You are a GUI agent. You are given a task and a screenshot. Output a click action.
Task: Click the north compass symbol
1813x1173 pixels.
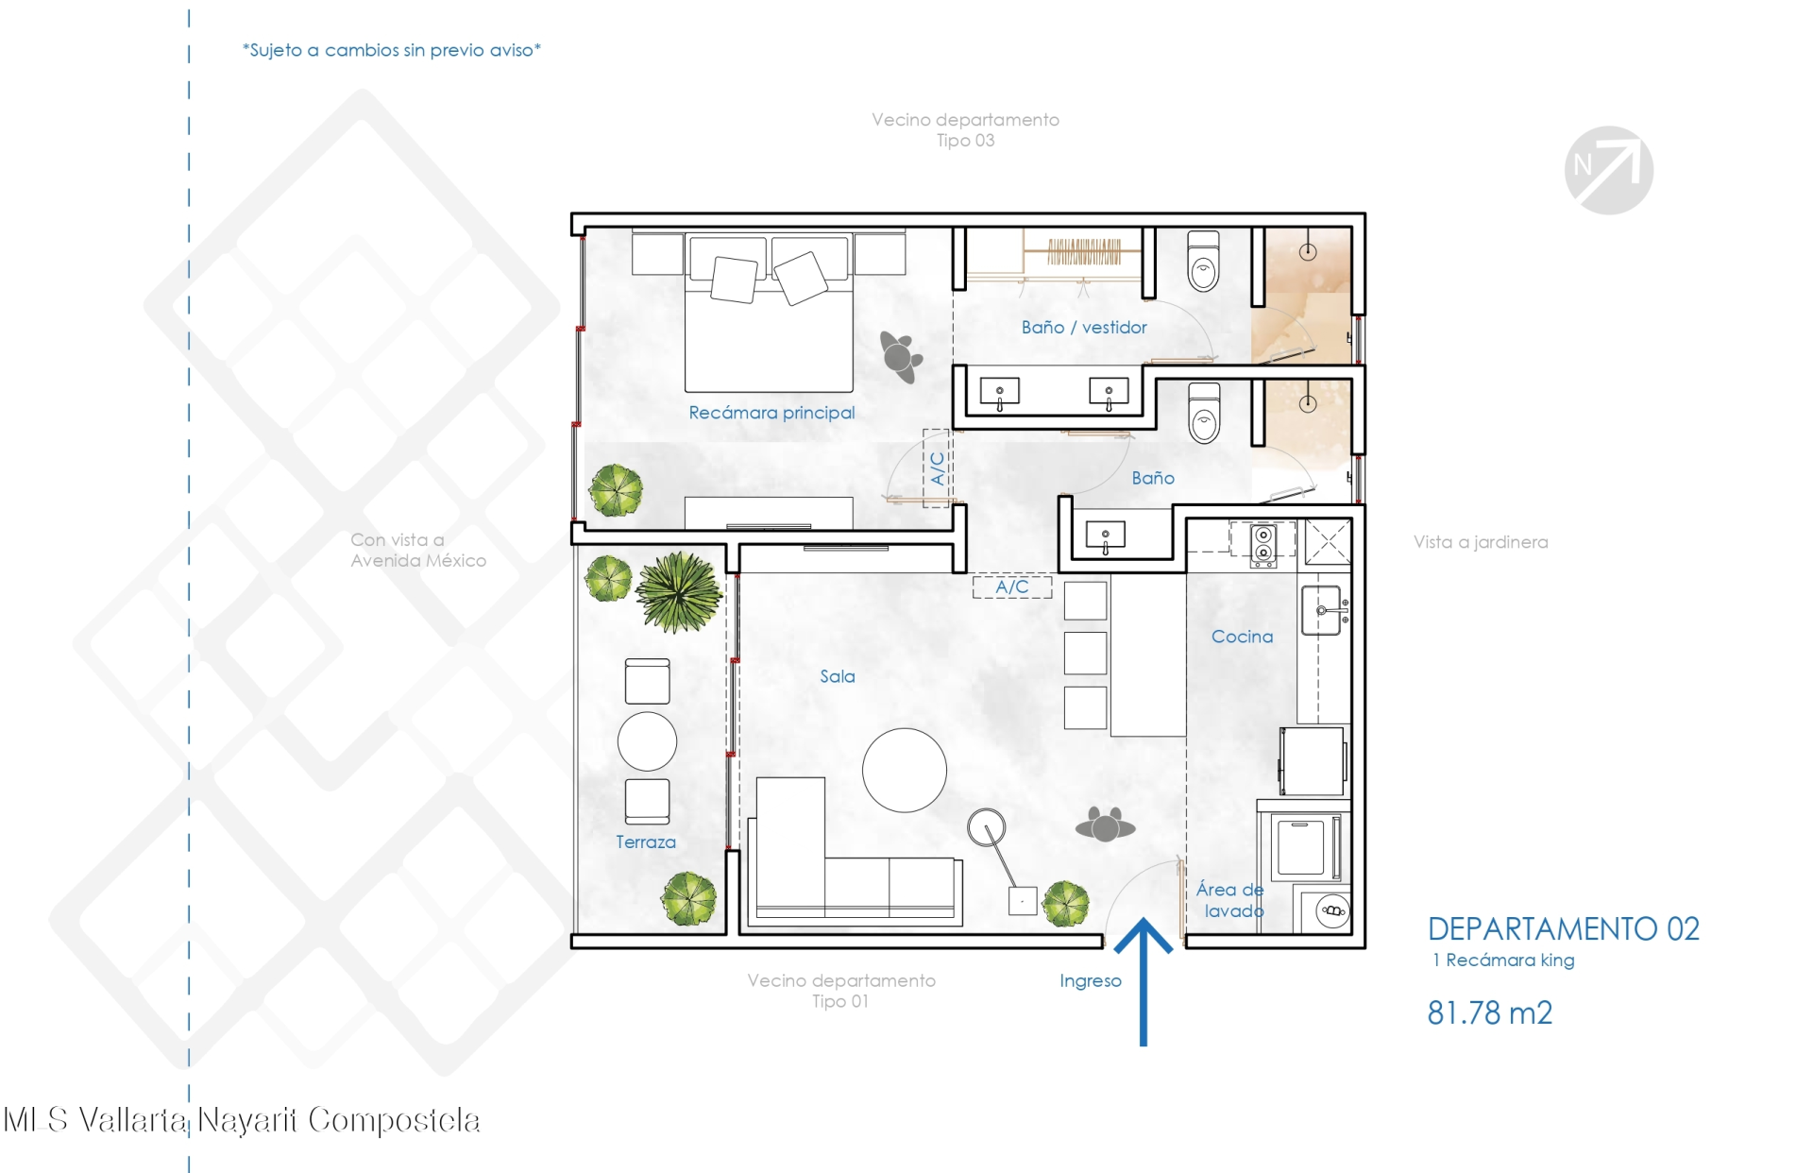[x=1608, y=170]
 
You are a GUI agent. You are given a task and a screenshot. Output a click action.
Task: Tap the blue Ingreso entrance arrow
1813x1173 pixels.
[x=1144, y=982]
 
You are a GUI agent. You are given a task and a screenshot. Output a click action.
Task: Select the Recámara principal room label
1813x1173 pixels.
[x=771, y=413]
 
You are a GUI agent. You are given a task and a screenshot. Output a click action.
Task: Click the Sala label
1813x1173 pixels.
[x=838, y=676]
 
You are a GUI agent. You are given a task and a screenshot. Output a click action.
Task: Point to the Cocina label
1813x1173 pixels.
[x=1242, y=637]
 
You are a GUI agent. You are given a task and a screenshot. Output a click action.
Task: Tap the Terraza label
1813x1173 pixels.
[x=646, y=841]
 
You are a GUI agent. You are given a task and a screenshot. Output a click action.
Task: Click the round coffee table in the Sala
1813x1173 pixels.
[x=904, y=770]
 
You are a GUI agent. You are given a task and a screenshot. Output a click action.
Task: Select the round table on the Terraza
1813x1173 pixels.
[x=647, y=741]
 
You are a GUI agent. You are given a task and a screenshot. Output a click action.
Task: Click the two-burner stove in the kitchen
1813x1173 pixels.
[x=1263, y=546]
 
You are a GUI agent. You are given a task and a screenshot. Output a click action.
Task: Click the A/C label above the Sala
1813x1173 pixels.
[x=1012, y=586]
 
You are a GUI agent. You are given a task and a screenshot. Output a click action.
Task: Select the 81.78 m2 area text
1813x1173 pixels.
[x=1489, y=1012]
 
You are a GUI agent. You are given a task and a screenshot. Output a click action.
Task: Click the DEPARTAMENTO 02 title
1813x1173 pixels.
[x=1563, y=929]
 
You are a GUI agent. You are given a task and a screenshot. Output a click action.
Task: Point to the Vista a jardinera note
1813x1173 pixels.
[x=1481, y=542]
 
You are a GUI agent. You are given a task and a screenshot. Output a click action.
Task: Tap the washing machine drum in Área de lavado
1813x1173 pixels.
[x=1332, y=911]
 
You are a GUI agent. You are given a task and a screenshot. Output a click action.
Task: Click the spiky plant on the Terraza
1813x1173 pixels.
[x=679, y=591]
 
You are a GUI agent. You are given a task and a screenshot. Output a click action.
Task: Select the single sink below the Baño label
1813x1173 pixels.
[x=1106, y=537]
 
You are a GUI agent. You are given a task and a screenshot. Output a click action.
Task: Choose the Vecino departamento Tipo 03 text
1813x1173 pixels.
[x=965, y=130]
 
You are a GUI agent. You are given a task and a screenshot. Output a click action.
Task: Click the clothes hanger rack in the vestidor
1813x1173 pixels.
[x=1084, y=252]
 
